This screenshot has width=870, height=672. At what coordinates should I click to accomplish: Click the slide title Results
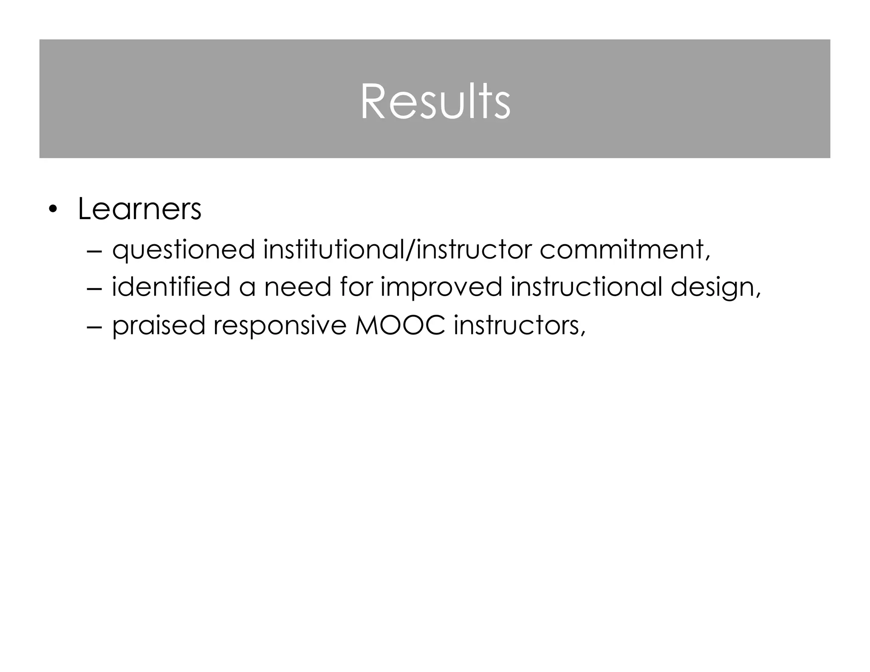tap(435, 102)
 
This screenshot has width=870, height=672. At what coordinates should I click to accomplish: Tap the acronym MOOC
tap(400, 325)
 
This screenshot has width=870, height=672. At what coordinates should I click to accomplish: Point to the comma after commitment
tap(708, 258)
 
